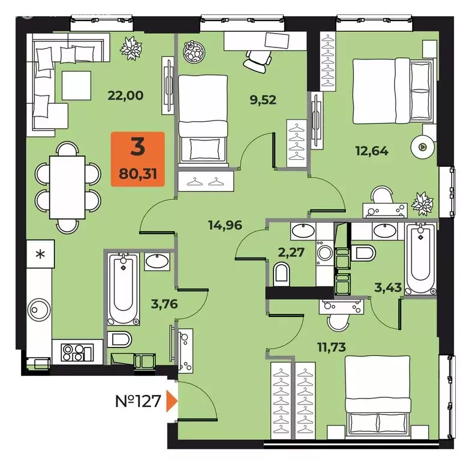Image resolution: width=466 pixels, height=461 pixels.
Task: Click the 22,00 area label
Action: pos(125,95)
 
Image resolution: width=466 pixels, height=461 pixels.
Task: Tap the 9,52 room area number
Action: pos(263,100)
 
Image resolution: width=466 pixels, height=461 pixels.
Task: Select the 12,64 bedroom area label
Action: pos(372,151)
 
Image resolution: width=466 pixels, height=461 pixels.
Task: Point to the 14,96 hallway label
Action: pos(225,225)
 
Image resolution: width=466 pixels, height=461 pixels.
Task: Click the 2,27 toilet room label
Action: pos(291,253)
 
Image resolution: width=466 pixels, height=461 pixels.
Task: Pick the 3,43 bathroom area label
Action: pos(388,288)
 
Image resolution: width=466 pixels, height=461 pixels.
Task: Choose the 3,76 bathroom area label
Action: pos(164,304)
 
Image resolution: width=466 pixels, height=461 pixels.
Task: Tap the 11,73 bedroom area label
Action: pos(332,347)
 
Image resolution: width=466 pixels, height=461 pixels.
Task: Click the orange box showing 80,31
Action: pos(137,159)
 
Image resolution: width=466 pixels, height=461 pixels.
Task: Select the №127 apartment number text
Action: pos(138,401)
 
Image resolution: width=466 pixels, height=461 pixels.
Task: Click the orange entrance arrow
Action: pos(172,401)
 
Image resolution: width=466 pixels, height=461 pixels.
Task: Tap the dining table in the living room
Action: pos(67,187)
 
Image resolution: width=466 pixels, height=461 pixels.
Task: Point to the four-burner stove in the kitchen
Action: pos(77,352)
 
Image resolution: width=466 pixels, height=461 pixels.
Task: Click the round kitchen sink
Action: pos(39,310)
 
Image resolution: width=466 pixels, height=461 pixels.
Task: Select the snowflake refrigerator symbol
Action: pos(40,254)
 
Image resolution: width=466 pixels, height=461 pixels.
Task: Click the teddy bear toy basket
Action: pos(194,52)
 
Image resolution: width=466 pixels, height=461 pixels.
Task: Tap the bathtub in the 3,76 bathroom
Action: pos(123,289)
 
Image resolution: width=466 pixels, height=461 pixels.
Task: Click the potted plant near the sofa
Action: pos(131,48)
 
